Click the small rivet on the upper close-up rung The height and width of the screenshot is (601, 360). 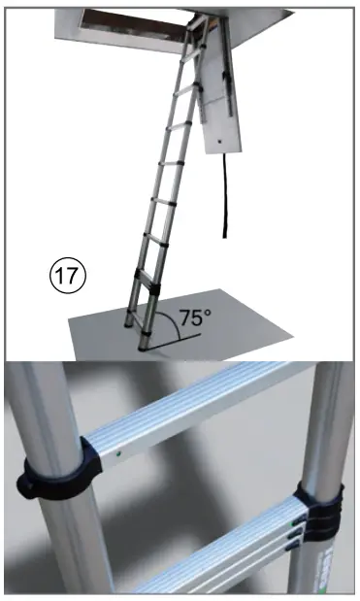pos(117,451)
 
